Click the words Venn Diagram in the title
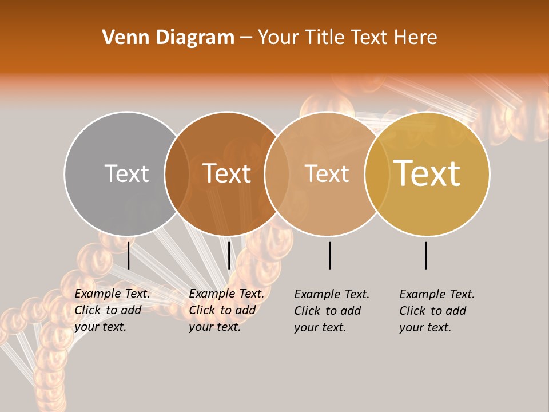pyautogui.click(x=168, y=38)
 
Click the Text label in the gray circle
pyautogui.click(x=126, y=173)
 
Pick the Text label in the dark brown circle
pyautogui.click(x=226, y=173)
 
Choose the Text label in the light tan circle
pyautogui.click(x=327, y=173)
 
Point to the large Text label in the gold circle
pyautogui.click(x=427, y=173)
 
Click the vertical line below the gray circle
pyautogui.click(x=128, y=255)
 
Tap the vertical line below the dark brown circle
pyautogui.click(x=229, y=255)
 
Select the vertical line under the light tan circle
pyautogui.click(x=329, y=255)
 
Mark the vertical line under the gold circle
pyautogui.click(x=426, y=255)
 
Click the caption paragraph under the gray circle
pyautogui.click(x=112, y=310)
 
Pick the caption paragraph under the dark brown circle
pyautogui.click(x=226, y=310)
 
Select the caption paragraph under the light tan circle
pyautogui.click(x=332, y=311)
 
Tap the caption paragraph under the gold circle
pyautogui.click(x=437, y=311)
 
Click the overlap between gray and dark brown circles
pyautogui.click(x=177, y=173)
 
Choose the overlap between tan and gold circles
pyautogui.click(x=377, y=173)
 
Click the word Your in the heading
pyautogui.click(x=279, y=38)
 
